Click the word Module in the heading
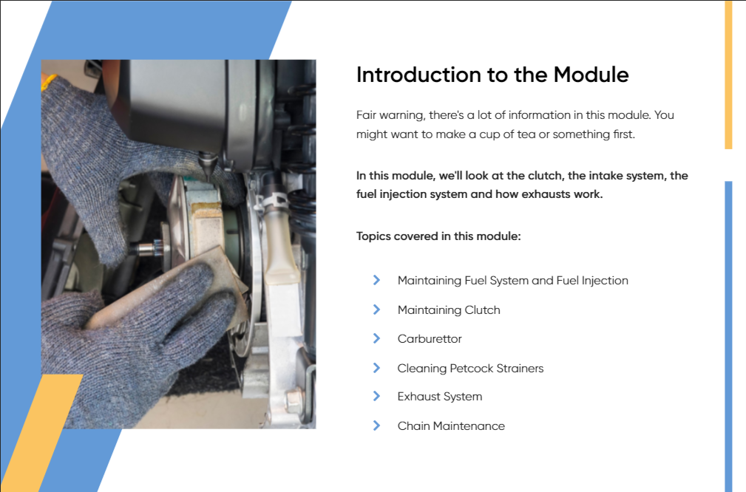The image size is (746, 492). (x=591, y=75)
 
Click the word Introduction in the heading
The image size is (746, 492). (x=418, y=75)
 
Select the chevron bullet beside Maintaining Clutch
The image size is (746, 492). (x=376, y=310)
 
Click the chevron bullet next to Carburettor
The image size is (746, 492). (x=376, y=338)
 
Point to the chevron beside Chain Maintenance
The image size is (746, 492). (x=376, y=426)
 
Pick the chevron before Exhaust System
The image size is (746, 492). (x=376, y=396)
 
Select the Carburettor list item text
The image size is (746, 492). (x=430, y=339)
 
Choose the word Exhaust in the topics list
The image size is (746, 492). (x=417, y=397)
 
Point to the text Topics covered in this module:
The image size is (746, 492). (x=438, y=236)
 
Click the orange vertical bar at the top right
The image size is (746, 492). (x=728, y=75)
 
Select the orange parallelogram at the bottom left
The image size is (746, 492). (x=41, y=433)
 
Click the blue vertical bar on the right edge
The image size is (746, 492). (x=728, y=336)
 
